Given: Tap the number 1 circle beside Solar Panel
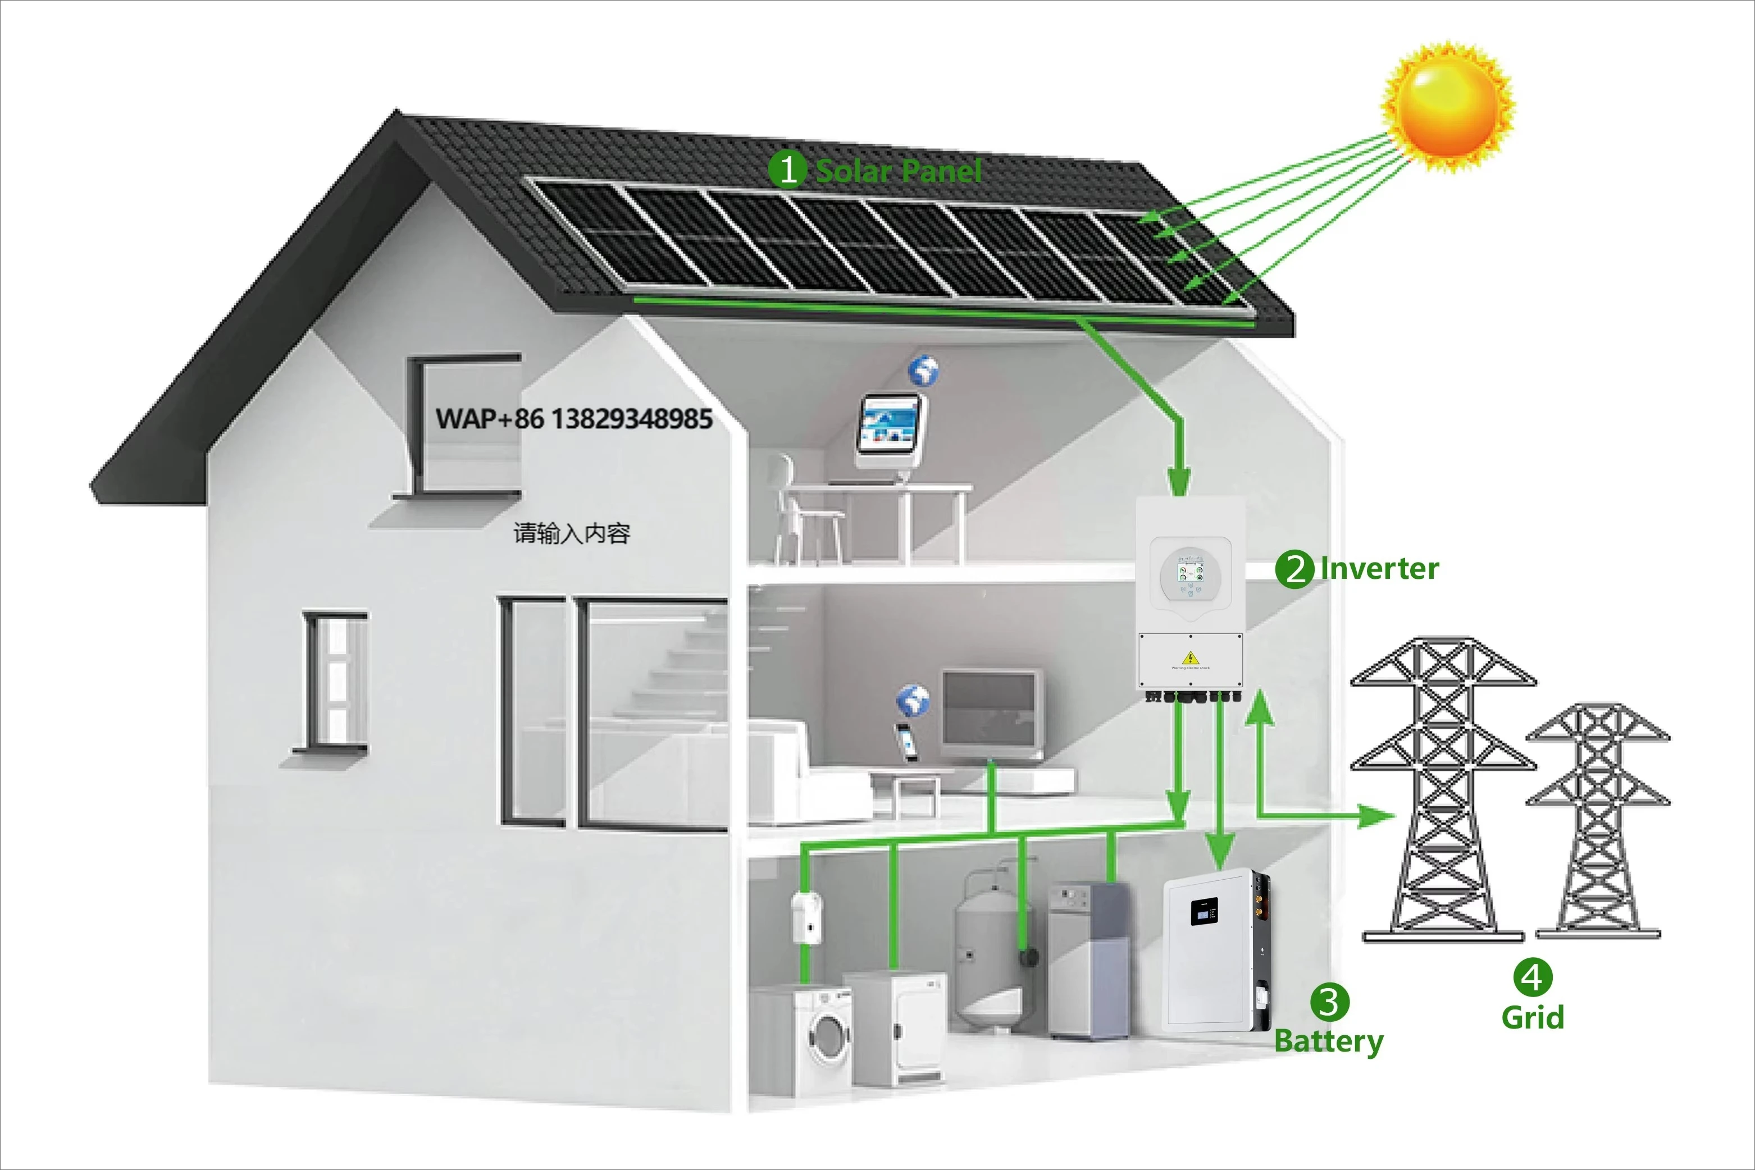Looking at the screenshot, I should coord(787,170).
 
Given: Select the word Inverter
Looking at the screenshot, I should coord(1379,569).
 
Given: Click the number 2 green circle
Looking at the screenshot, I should coord(1294,569).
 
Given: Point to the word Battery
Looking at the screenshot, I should coord(1328,1040).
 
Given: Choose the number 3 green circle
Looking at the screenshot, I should coord(1329,1002).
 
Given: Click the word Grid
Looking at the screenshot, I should coord(1533,1017).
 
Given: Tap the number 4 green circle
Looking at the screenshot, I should coord(1533,977).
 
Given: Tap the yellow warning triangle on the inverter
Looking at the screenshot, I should coord(1191,657).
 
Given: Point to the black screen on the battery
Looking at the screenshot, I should coord(1204,911).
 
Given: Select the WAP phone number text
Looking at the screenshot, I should coord(573,419).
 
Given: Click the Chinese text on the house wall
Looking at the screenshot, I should coord(572,533).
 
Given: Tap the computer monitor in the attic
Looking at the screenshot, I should coord(888,423).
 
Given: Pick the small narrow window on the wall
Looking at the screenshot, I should coord(334,679).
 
